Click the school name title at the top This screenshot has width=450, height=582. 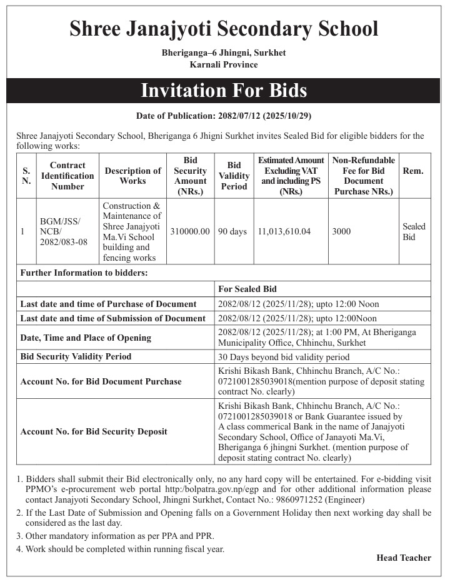[224, 29]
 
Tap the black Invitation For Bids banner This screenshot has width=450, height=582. [224, 91]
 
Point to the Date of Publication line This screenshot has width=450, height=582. [224, 116]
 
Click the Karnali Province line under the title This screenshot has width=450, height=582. [224, 64]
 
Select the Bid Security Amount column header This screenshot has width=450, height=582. [190, 176]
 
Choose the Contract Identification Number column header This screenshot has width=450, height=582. [67, 176]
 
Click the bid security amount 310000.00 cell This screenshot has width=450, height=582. [190, 231]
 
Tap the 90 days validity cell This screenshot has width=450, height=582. [232, 231]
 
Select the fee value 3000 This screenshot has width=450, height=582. [341, 231]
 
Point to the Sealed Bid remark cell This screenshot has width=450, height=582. [414, 231]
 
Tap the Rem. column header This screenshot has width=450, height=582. [414, 171]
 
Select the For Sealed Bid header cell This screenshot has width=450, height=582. [247, 289]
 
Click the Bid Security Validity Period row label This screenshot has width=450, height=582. [76, 356]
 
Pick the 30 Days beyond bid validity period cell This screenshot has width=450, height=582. [284, 357]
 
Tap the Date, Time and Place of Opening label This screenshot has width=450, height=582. [86, 338]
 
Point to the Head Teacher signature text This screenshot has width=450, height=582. [404, 558]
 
